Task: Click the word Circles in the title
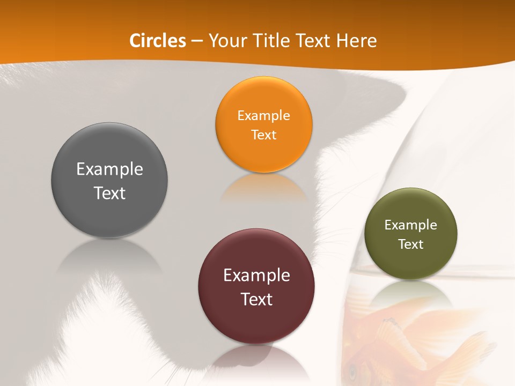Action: pyautogui.click(x=157, y=41)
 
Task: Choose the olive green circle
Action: pyautogui.click(x=411, y=263)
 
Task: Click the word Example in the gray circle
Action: pyautogui.click(x=109, y=169)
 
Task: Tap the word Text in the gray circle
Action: pyautogui.click(x=109, y=193)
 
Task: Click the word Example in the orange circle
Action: pyautogui.click(x=263, y=115)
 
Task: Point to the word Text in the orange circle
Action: pyautogui.click(x=263, y=135)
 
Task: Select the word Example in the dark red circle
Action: pyautogui.click(x=256, y=276)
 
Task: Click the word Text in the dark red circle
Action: pyautogui.click(x=256, y=299)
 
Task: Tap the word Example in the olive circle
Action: pyautogui.click(x=411, y=225)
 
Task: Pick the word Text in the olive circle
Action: pyautogui.click(x=411, y=244)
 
